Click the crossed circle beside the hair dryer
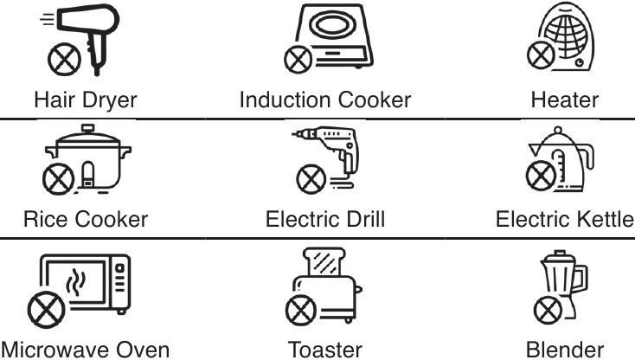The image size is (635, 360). click(64, 59)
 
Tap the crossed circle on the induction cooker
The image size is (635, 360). click(298, 59)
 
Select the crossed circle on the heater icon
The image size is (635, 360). click(541, 55)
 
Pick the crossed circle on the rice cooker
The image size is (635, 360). click(59, 178)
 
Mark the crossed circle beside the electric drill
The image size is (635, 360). click(311, 179)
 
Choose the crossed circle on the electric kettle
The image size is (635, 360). click(541, 176)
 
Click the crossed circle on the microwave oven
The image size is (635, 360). click(46, 310)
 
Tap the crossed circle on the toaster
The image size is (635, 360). click(301, 310)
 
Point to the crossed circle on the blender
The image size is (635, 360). click(548, 311)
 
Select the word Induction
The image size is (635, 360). click(285, 100)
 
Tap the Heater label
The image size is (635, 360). click(565, 100)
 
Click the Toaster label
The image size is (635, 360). click(324, 350)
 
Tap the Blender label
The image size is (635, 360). click(565, 350)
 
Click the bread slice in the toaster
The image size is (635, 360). click(324, 261)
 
